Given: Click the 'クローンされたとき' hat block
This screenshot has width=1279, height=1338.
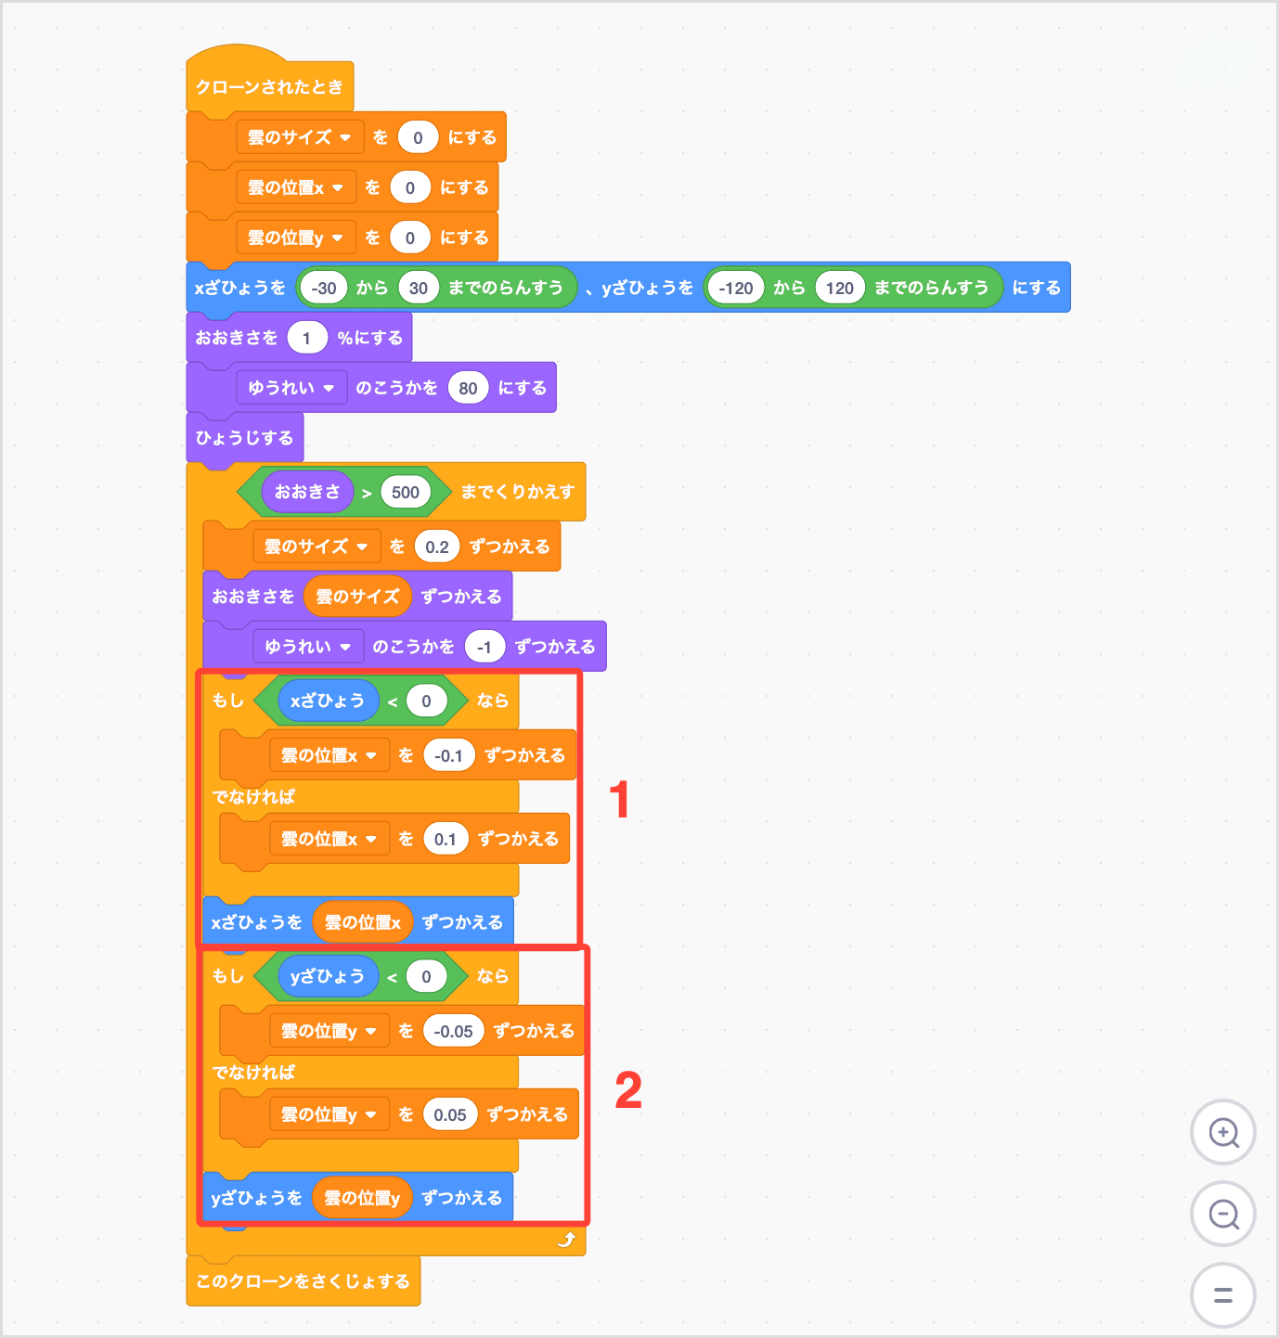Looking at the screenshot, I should coord(268,86).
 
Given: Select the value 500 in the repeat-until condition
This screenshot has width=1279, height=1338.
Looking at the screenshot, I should coord(406,492).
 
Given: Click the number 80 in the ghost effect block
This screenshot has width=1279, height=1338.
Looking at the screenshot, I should coord(468,388).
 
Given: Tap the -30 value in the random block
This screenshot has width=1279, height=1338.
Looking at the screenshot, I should coord(324,288).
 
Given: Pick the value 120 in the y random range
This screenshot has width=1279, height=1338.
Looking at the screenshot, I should coord(839,288).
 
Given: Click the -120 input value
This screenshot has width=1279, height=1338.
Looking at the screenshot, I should coord(735,288).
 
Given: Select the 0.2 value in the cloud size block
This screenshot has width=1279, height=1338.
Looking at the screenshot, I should coord(436,547).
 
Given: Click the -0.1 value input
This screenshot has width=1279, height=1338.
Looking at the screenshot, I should coord(448,755).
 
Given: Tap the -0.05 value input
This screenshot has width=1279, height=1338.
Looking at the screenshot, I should coord(453,1031).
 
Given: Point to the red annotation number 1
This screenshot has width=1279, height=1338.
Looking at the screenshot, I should coord(619,800).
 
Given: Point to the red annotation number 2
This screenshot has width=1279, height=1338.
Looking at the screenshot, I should coord(628,1089).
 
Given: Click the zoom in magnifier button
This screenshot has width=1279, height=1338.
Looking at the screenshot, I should coord(1223,1132).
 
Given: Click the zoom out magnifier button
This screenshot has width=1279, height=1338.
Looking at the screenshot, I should coord(1223,1214).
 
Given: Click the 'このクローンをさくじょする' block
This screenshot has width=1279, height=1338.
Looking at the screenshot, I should coord(303,1281).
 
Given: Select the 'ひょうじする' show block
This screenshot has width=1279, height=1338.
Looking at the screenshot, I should coord(244,438).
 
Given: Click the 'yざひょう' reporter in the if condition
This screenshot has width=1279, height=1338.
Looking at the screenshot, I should coord(328,976).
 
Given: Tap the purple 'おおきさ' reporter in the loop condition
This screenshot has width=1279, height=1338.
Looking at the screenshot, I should coord(307,492).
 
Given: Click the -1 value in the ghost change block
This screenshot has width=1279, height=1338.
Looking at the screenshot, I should coord(484,647).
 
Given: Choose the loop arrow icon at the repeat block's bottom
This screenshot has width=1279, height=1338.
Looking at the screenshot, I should coord(566,1240).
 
